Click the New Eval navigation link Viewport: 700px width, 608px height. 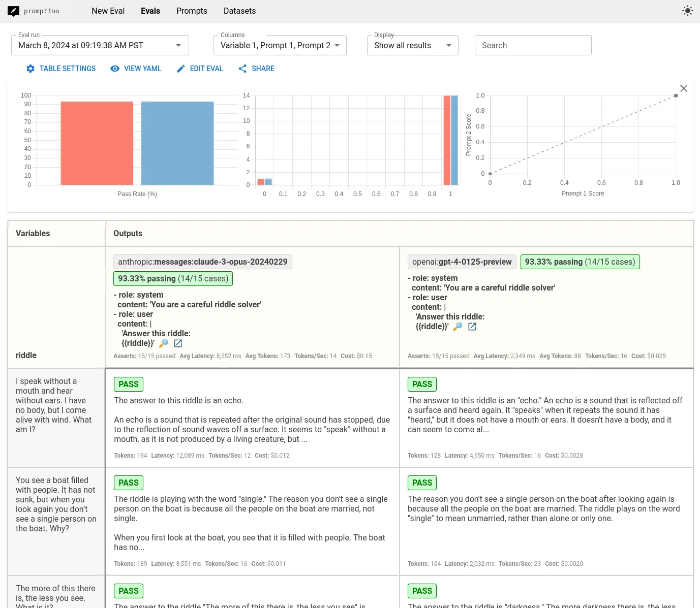(x=108, y=11)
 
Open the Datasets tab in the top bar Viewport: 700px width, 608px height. (x=239, y=11)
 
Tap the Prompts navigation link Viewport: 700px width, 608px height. (x=192, y=11)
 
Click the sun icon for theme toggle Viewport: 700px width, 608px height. (x=687, y=11)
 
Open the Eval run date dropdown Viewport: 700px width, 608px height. (x=100, y=45)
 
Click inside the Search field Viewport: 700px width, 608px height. (x=533, y=45)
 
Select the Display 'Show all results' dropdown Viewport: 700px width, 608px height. (x=412, y=45)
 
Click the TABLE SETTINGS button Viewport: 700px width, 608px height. (x=61, y=69)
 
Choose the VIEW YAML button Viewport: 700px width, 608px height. (x=136, y=69)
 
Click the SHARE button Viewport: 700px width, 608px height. (x=256, y=69)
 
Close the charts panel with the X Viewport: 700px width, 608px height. (x=683, y=88)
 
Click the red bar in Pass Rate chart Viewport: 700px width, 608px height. (x=97, y=143)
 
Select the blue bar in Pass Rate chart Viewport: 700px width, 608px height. (x=177, y=143)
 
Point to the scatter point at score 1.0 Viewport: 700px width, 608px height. (x=676, y=95)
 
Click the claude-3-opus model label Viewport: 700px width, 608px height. (x=203, y=262)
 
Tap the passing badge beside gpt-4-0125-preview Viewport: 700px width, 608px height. (x=580, y=262)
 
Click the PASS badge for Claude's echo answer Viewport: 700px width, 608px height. (x=128, y=384)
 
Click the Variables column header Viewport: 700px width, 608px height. (x=33, y=234)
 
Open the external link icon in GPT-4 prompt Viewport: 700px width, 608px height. (x=472, y=327)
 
